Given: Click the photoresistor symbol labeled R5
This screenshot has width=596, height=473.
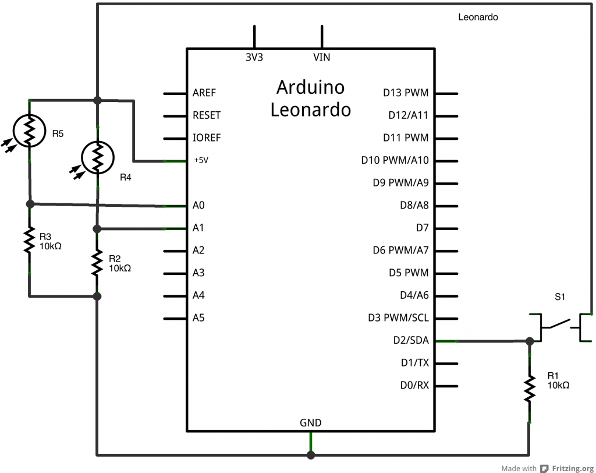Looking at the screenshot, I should tap(29, 130).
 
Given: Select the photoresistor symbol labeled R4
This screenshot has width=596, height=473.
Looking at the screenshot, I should tap(97, 157).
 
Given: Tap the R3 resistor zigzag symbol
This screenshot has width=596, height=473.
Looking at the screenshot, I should tap(29, 241).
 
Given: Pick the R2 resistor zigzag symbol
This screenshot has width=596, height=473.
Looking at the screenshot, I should tap(97, 263).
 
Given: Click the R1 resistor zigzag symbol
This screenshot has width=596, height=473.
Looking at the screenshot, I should tap(529, 388).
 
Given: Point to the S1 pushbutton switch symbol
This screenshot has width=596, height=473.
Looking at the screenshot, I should tap(561, 326).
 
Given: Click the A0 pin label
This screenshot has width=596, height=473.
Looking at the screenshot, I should tap(198, 205).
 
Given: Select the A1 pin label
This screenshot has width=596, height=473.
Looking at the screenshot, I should tap(198, 228).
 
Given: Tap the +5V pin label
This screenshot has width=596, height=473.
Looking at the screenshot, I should tap(200, 160).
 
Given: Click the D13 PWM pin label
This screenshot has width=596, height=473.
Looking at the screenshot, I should tap(406, 93).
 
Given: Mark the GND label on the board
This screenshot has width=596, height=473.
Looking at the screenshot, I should tap(310, 423).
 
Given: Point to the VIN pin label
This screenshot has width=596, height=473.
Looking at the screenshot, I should tap(322, 57).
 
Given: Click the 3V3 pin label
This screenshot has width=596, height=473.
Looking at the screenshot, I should tap(254, 57).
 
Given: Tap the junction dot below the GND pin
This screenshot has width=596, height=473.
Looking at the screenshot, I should tap(311, 454).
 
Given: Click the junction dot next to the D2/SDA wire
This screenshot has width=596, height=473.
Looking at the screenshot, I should tap(529, 341).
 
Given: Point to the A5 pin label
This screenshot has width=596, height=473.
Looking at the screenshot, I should tap(198, 318).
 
